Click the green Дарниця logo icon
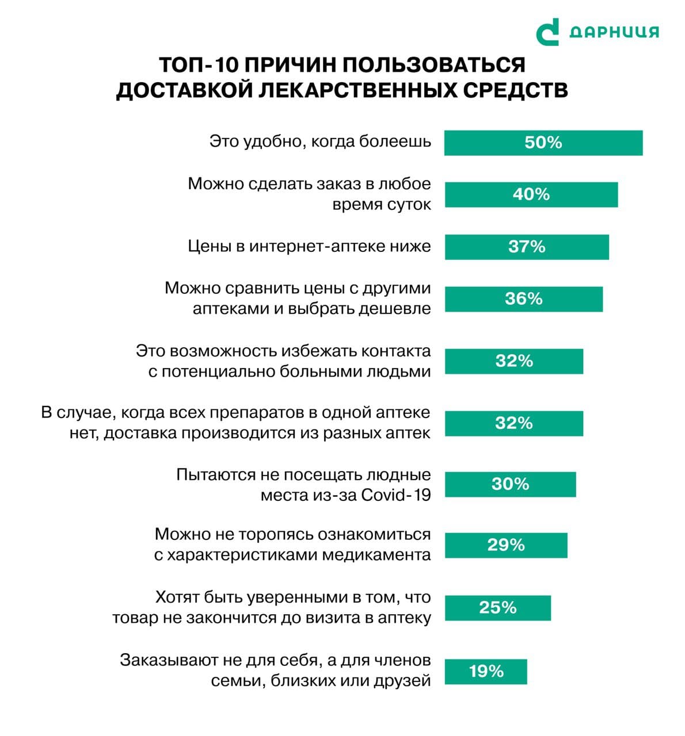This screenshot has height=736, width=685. [547, 32]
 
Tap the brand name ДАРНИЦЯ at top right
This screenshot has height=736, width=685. [614, 32]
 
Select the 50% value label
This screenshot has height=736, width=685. [543, 143]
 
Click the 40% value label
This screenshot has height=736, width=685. [531, 194]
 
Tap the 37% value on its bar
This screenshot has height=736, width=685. [526, 247]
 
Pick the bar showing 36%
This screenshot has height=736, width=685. [523, 299]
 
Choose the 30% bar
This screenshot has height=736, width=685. [510, 484]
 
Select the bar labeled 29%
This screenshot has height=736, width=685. [505, 545]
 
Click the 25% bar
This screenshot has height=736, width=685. [497, 608]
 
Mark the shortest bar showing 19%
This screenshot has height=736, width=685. [486, 671]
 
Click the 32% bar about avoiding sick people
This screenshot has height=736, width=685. [513, 361]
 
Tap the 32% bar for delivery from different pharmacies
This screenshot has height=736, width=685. [513, 423]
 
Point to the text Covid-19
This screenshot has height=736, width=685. [396, 495]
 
